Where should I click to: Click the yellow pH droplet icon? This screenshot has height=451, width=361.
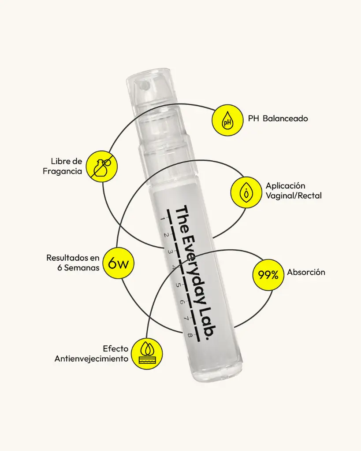coord(227,120)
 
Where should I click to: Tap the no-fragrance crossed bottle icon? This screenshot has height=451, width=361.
coord(102,166)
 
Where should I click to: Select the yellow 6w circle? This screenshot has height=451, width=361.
coord(118,263)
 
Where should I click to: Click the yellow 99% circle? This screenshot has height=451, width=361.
coord(268,275)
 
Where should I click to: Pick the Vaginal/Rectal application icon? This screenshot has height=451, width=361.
coord(246,192)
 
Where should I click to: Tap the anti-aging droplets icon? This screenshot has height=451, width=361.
coord(147,354)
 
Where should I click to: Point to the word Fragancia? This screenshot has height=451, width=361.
coord(63,171)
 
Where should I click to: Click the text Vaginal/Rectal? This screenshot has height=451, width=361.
coord(294,196)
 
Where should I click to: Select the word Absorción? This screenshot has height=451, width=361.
coord(306,272)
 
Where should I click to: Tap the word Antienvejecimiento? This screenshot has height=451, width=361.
coord(92,359)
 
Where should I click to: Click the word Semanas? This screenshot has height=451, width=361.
coord(82,268)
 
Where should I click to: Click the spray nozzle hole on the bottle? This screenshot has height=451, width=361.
coord(142,85)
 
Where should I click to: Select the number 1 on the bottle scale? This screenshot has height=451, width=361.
coord(162,219)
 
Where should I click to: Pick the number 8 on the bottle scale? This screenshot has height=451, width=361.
coord(190,335)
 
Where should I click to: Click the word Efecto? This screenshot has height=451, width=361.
coord(115,349)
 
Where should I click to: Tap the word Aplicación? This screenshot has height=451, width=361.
coord(285,186)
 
